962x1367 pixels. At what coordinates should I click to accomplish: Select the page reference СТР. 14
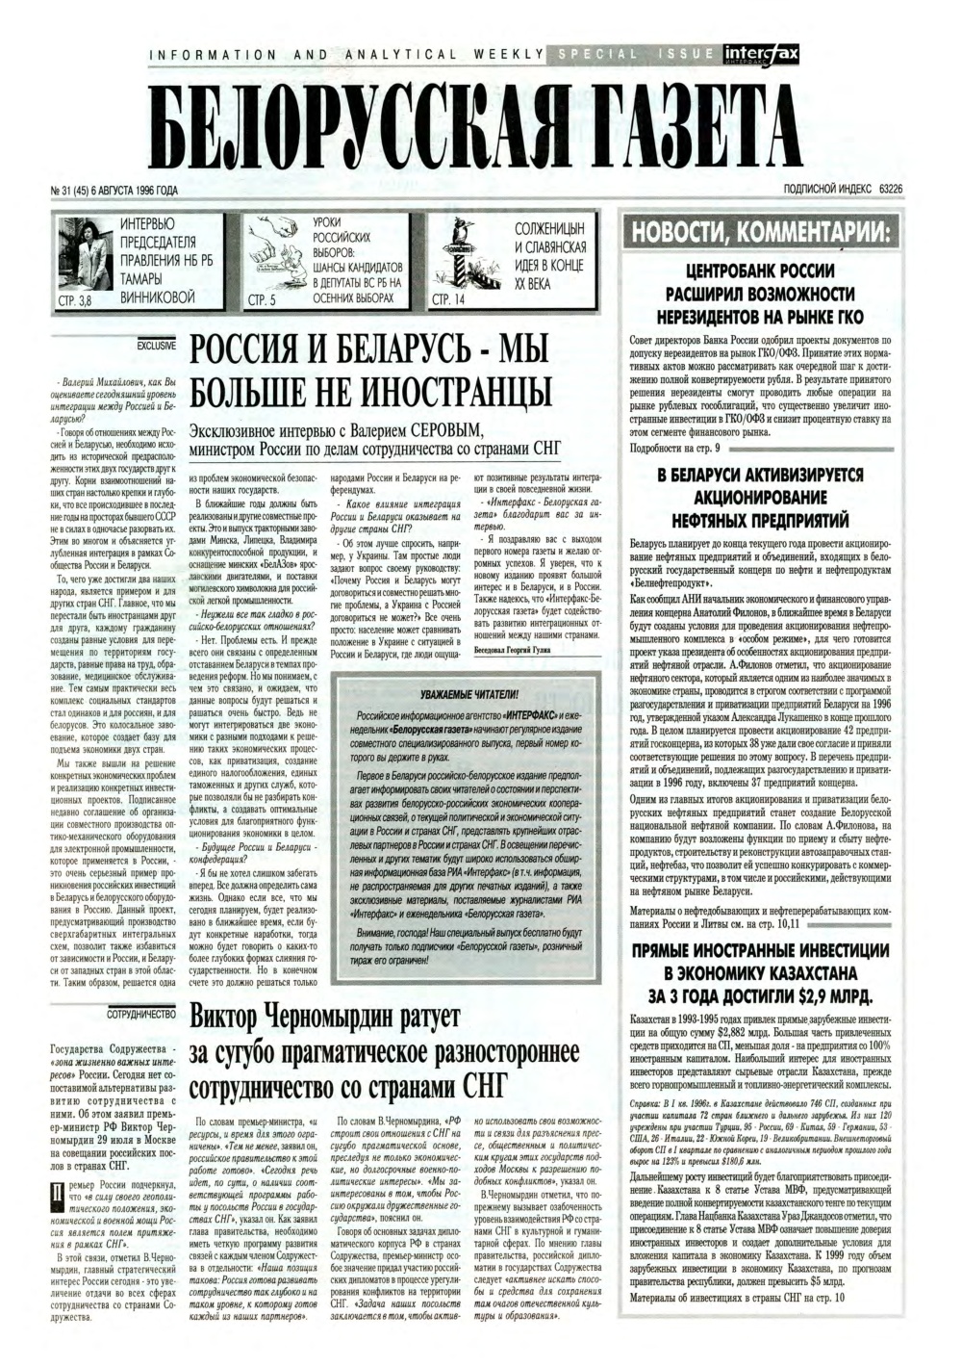[x=450, y=300]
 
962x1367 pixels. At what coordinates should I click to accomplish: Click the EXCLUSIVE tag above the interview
[x=157, y=342]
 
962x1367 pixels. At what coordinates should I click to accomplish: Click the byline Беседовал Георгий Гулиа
[x=523, y=650]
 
